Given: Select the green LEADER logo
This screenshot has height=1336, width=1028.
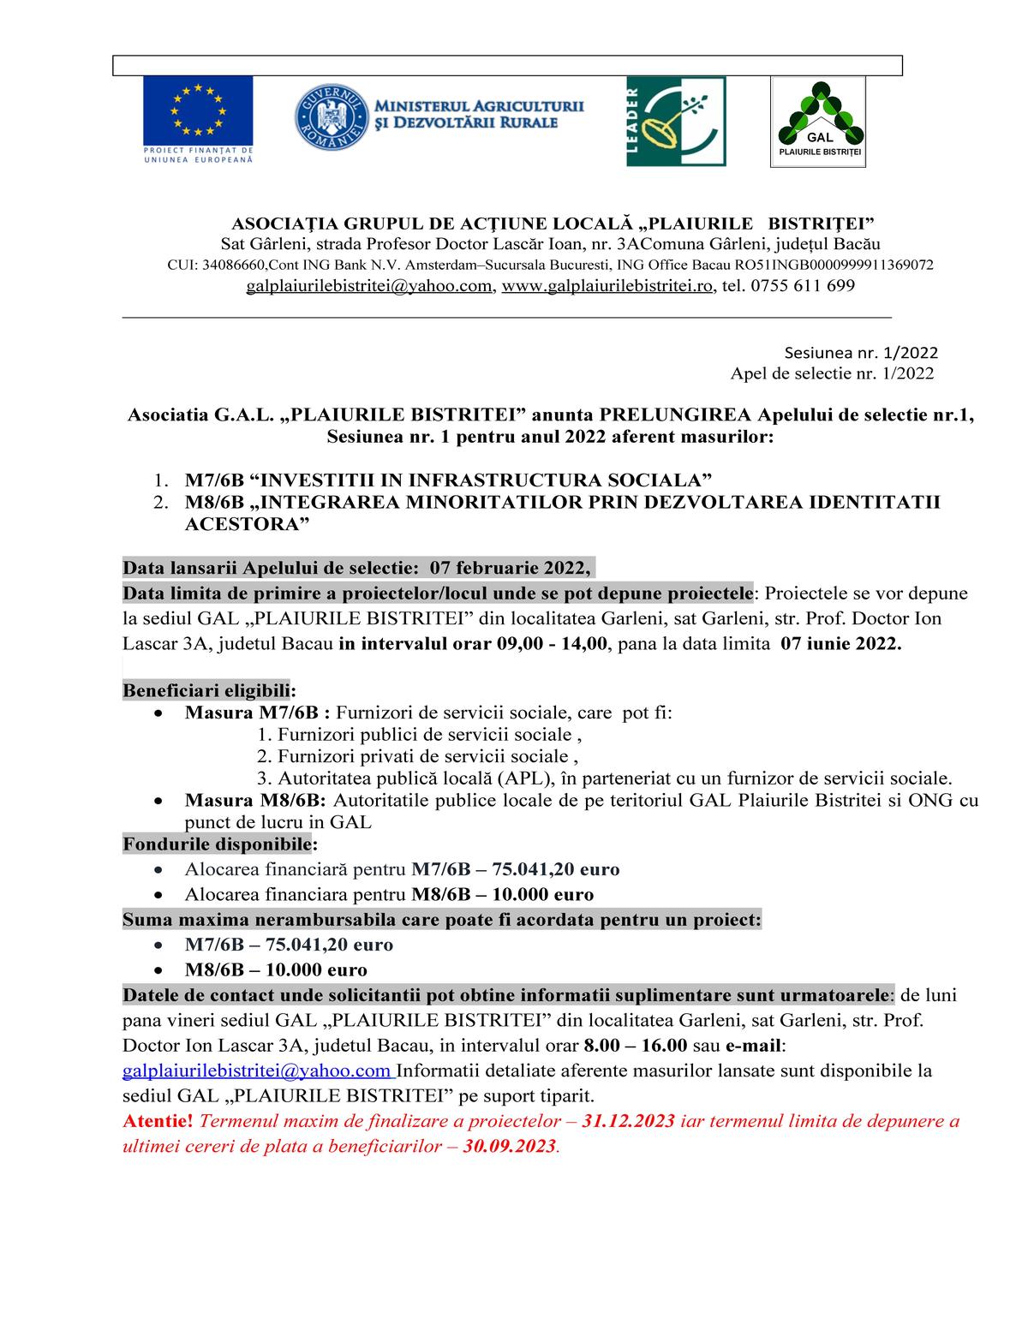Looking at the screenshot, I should (x=676, y=121).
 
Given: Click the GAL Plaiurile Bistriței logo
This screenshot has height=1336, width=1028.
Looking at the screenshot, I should (x=818, y=122).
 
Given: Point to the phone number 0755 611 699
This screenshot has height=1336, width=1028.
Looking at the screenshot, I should (x=802, y=286).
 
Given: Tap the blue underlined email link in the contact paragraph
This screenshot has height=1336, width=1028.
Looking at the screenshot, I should (x=257, y=1071).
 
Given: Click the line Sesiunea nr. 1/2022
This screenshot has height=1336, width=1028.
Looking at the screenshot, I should (x=861, y=353).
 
